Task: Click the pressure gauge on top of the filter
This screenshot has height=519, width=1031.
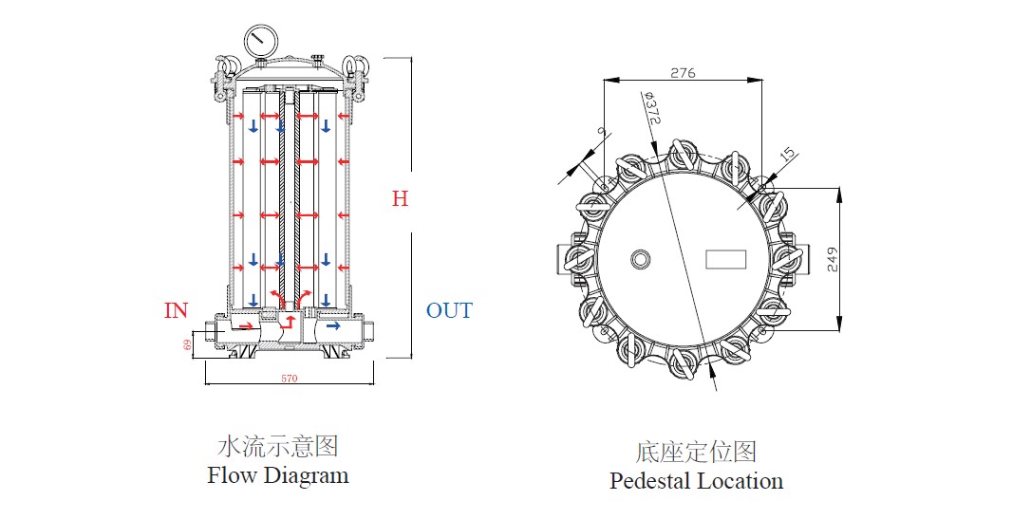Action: (x=258, y=41)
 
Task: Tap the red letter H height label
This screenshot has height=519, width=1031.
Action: (x=401, y=199)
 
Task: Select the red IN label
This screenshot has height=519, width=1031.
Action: (x=177, y=310)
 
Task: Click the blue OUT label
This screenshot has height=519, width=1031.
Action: (x=449, y=310)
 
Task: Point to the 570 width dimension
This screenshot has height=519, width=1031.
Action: (x=290, y=379)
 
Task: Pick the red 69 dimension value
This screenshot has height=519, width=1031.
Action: (x=187, y=344)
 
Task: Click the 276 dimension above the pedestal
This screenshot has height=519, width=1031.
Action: (x=683, y=72)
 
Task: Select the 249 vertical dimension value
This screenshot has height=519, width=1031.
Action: (x=833, y=260)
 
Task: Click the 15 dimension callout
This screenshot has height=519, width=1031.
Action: (x=787, y=154)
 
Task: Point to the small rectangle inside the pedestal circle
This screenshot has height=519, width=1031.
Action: (x=726, y=258)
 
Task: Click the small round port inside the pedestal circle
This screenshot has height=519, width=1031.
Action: (x=641, y=258)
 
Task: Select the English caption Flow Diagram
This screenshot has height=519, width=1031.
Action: (x=278, y=475)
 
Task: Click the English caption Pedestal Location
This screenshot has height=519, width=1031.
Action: (x=696, y=481)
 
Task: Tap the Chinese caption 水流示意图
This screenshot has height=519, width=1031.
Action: (x=278, y=445)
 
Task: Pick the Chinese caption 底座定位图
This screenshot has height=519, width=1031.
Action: (x=696, y=451)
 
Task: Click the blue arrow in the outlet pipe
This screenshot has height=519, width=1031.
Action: (x=332, y=326)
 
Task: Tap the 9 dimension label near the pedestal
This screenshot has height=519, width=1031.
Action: (x=600, y=133)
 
